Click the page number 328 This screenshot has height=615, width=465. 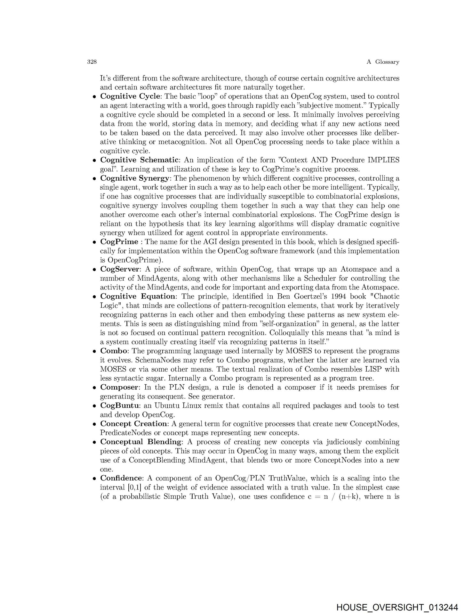click(x=92, y=62)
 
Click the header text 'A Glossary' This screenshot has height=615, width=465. click(x=383, y=62)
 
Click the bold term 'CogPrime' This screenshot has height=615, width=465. click(x=119, y=242)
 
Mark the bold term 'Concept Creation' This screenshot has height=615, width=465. click(x=133, y=424)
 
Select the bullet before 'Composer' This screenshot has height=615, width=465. click(x=95, y=388)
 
